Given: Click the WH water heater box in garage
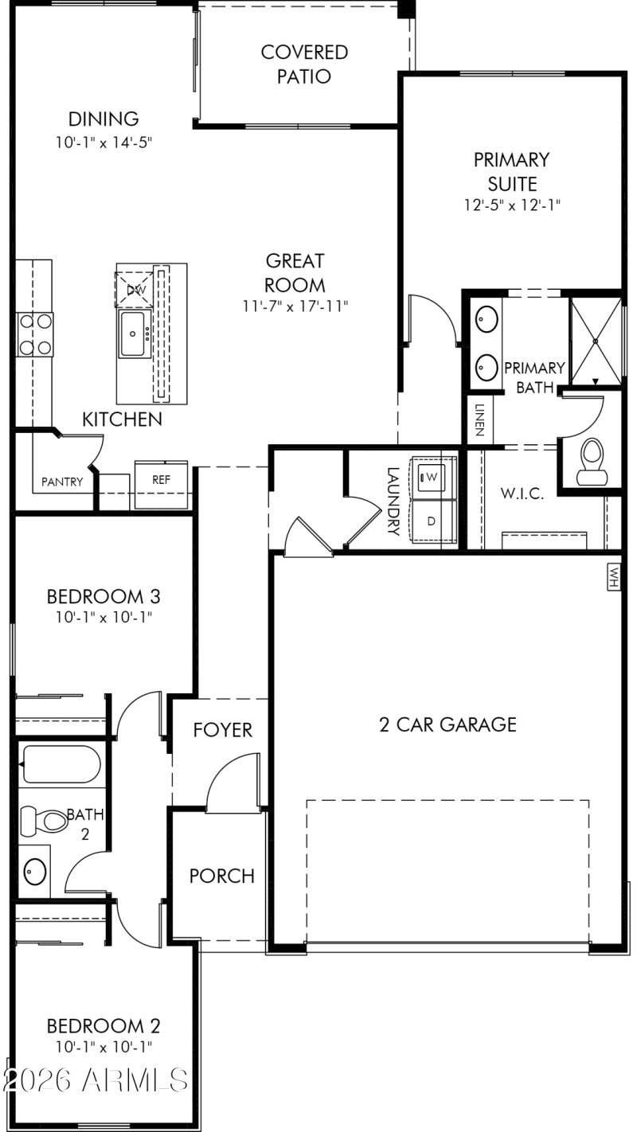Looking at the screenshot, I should (x=613, y=577).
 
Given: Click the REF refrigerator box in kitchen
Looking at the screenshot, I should (x=162, y=480).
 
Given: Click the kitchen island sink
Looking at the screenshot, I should (x=134, y=334).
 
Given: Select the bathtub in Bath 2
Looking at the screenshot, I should (x=61, y=765).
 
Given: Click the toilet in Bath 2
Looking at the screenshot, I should (x=45, y=818).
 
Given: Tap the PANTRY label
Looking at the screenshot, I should (x=62, y=482).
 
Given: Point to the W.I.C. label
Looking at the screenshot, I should (x=522, y=494).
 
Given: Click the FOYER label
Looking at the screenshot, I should (x=223, y=730).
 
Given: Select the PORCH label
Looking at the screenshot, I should (x=222, y=876).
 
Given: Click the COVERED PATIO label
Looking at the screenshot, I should (x=304, y=64).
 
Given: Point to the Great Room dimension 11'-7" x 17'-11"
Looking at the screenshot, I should (x=295, y=306).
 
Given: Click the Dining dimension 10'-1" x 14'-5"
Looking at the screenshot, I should (x=104, y=143).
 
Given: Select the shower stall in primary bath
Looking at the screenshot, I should (x=595, y=338).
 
